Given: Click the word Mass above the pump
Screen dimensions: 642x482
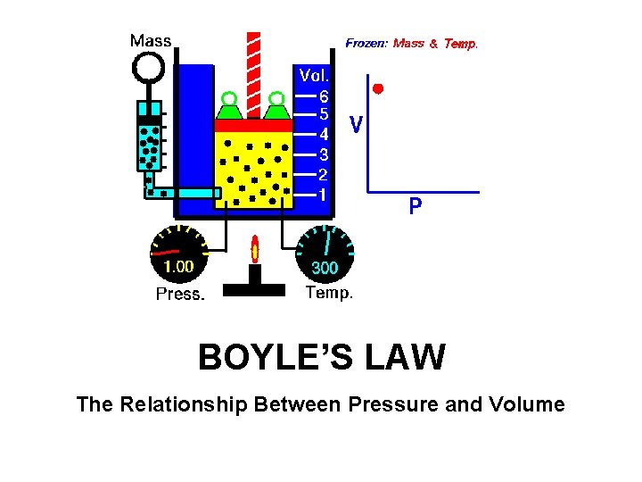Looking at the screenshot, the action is tap(151, 40).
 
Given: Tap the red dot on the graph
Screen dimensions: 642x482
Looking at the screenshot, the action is tap(378, 88).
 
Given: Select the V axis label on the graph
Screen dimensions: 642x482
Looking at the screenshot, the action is tap(356, 125).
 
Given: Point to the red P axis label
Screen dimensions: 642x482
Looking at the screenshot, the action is tap(416, 208).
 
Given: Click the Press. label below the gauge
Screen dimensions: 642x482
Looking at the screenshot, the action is tap(180, 294).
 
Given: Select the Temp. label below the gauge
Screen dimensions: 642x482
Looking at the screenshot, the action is tap(329, 292).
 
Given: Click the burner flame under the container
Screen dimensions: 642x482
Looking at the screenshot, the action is tap(255, 251).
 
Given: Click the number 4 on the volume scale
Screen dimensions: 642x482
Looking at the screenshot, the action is tap(325, 135).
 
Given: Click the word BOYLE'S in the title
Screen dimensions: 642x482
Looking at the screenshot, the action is tap(273, 358).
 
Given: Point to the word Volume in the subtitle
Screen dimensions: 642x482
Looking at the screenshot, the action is tap(527, 404).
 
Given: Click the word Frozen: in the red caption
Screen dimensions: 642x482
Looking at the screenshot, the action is tap(366, 42).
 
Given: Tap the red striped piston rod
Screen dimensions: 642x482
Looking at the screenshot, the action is tap(253, 71).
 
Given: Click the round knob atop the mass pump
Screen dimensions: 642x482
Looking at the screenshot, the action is tap(148, 68).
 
